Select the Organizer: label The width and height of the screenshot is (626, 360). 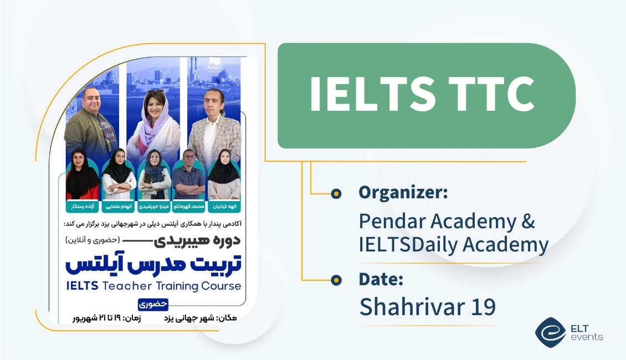403,193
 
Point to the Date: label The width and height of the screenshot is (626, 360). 381,279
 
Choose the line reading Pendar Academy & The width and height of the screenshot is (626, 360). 447,221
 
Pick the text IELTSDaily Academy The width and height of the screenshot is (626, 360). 454,244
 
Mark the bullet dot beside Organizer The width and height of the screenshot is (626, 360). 336,193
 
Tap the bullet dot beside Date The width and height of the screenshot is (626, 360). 336,280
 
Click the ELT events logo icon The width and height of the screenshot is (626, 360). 550,332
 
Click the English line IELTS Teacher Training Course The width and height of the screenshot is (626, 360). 153,286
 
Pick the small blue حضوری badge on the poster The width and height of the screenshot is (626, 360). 153,304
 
